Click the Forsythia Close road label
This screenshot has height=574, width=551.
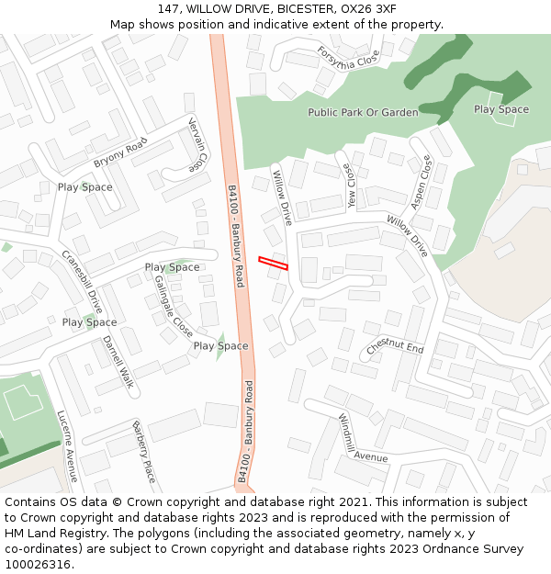[x=348, y=57]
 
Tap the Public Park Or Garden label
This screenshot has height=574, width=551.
[x=363, y=112]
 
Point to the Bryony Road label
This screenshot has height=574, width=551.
[x=120, y=152]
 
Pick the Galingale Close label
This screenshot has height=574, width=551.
[x=173, y=306]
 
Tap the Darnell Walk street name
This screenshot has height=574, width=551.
[x=118, y=361]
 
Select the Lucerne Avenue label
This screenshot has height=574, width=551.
[x=65, y=446]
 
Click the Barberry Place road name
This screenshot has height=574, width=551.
[x=143, y=452]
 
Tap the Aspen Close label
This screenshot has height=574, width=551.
[x=421, y=182]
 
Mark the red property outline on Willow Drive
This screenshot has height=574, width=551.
[x=273, y=263]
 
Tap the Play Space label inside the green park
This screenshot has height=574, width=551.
[x=501, y=109]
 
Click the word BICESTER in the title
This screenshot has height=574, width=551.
[x=296, y=8]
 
